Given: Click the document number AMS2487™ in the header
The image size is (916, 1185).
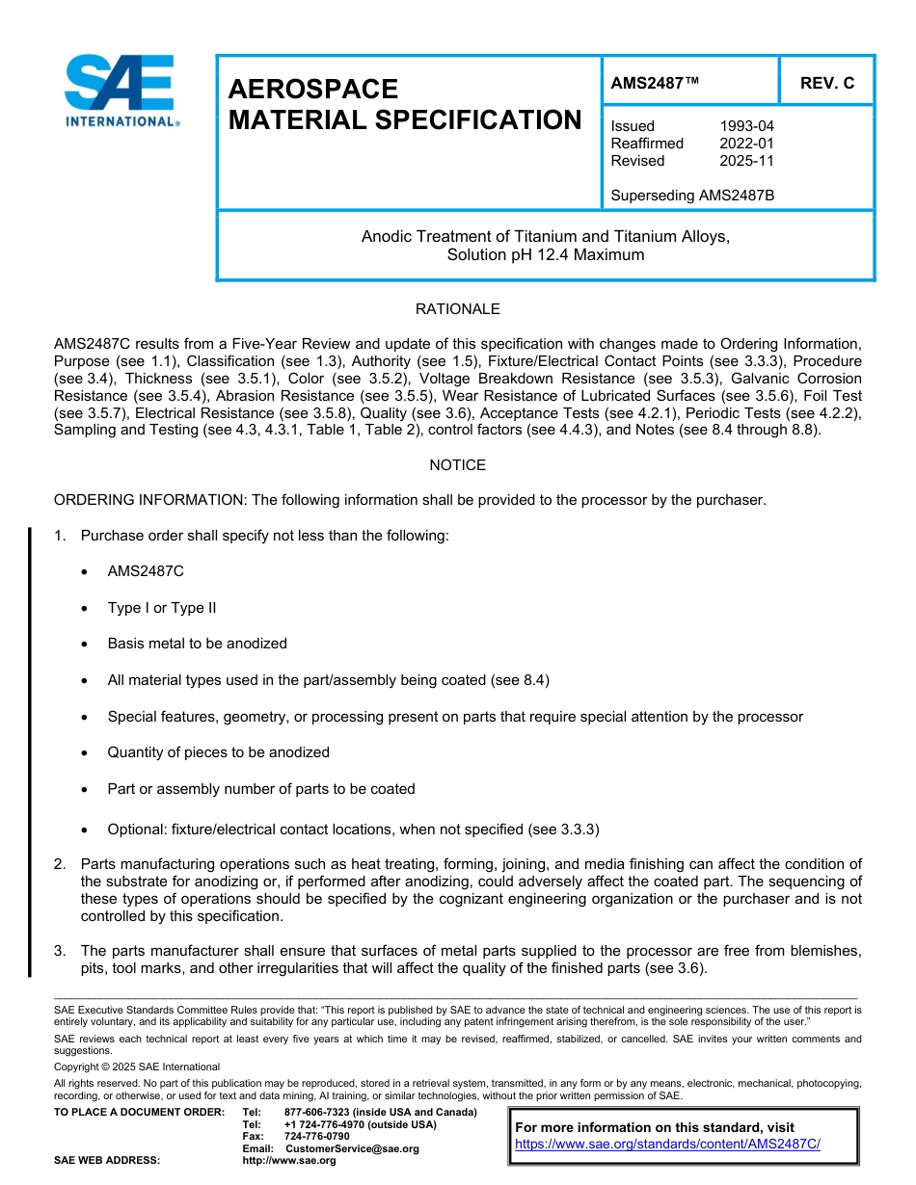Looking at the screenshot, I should pos(654,84).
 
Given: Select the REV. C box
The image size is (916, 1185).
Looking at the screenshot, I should pos(826,84).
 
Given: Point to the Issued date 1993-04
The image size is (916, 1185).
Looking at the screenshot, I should pos(746,126).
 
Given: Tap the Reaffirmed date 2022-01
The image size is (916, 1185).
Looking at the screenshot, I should pos(746,144).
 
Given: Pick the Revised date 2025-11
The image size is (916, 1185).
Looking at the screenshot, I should pos(746,161).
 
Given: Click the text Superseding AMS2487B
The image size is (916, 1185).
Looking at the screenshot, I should pos(692,196).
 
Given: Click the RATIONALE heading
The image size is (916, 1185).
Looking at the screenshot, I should pos(457,309).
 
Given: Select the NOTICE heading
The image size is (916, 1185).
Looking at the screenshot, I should pos(457,465).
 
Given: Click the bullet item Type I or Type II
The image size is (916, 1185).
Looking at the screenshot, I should pos(162,608).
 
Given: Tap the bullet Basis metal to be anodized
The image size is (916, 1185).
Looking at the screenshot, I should pos(197,644).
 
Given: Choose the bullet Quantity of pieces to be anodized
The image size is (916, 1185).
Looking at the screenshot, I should pos(218,752).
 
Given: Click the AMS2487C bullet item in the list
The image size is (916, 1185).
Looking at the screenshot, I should pos(146,571).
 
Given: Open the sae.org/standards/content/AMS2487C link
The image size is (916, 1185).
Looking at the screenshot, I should pos(667,1145).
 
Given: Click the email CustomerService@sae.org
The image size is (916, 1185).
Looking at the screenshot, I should pos(352,1148).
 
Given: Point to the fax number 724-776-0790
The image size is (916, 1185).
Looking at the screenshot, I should pos(317,1137).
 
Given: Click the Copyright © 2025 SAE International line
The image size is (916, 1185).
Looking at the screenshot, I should pos(137,1066).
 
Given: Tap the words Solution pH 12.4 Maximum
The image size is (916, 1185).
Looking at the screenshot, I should pos(545,255).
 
